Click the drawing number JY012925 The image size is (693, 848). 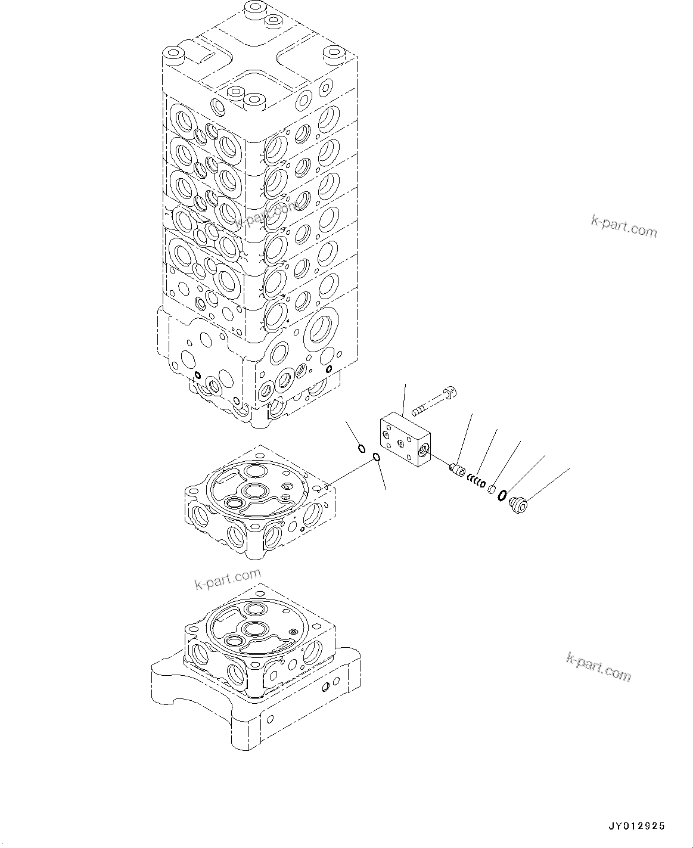636,826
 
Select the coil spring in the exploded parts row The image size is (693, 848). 476,480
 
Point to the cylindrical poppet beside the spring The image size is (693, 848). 458,470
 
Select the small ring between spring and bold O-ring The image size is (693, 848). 492,489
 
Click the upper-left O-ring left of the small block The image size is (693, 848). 361,448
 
